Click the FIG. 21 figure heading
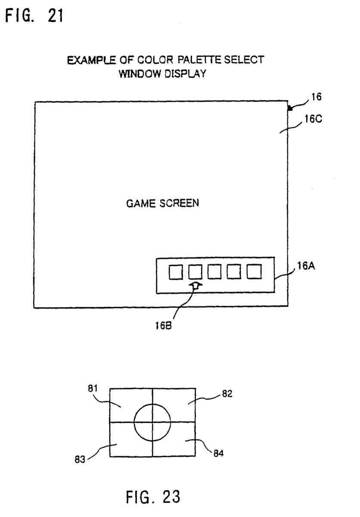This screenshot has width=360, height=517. coord(34,16)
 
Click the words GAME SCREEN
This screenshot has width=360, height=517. coord(162,203)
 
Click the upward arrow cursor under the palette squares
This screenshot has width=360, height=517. coord(195,285)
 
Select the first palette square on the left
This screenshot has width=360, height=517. coord(175,272)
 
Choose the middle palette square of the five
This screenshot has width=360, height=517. coord(214,272)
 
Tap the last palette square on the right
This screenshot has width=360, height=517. coord(254,272)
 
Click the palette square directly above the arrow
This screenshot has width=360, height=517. coord(195,272)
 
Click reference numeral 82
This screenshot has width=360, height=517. coord(227,394)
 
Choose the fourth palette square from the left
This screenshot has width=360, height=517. coord(234,272)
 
